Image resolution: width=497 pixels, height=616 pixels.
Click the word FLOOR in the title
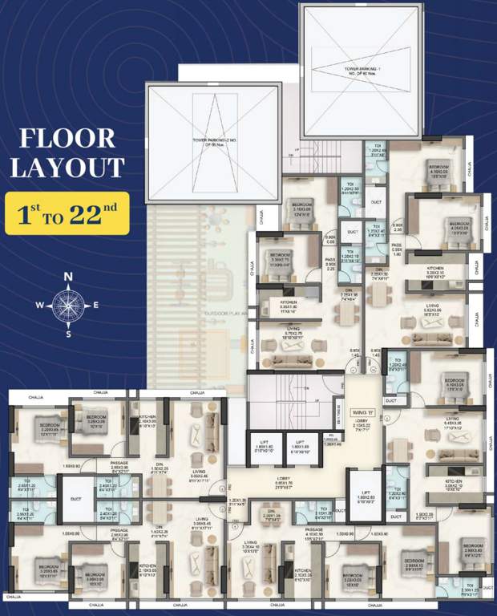coord(67,137)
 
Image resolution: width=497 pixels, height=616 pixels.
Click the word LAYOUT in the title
coord(72,167)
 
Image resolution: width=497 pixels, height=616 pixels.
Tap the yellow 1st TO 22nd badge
coord(67,213)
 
